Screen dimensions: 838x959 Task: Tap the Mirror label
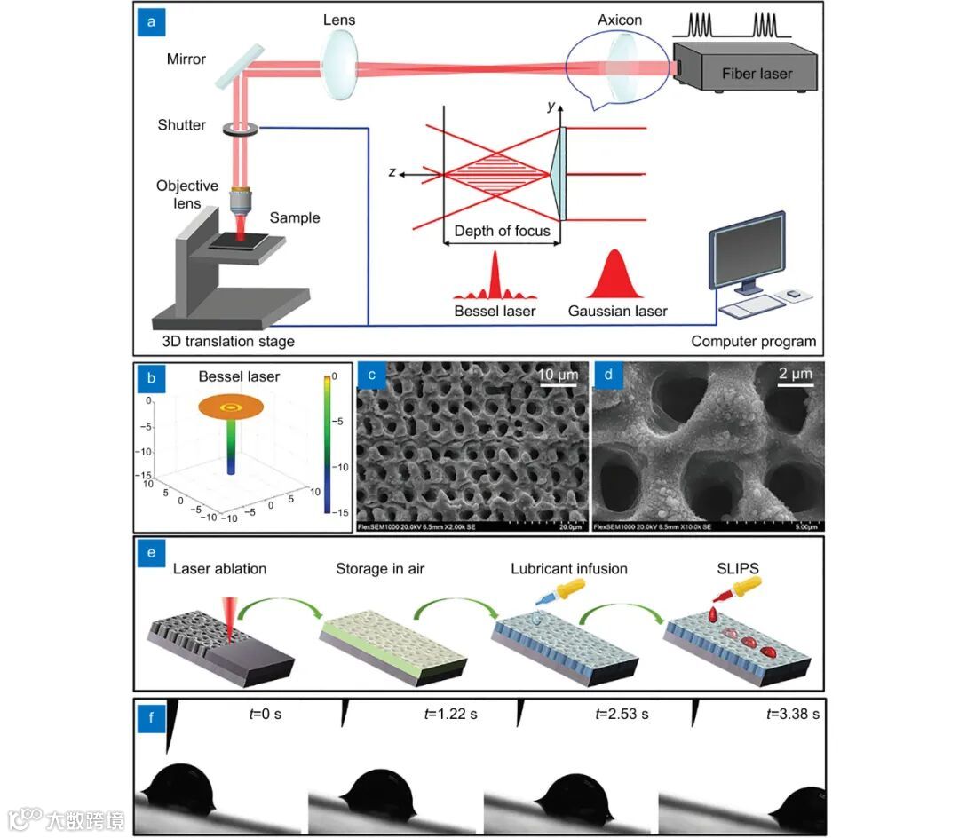(x=186, y=59)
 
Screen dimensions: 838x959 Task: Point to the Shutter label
(x=182, y=125)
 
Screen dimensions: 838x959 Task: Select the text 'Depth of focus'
(x=502, y=232)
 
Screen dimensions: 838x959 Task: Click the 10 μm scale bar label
(x=559, y=376)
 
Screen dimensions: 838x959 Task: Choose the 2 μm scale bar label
(x=795, y=375)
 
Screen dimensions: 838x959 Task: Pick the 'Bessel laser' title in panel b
(x=239, y=376)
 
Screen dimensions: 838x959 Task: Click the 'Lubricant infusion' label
(x=569, y=568)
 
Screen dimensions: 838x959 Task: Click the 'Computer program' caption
(x=753, y=341)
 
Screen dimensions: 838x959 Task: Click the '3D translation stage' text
(x=228, y=341)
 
